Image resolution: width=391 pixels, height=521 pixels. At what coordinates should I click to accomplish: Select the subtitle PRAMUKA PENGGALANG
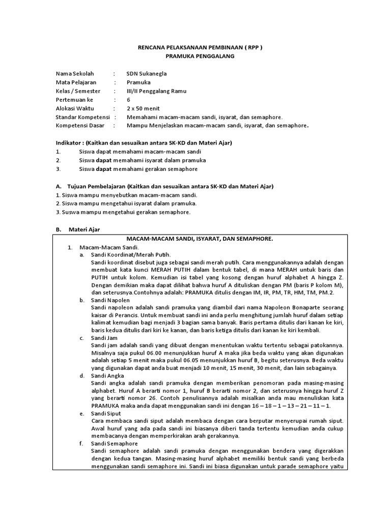point(195,56)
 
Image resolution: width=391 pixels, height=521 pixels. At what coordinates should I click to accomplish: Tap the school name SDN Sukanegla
point(146,73)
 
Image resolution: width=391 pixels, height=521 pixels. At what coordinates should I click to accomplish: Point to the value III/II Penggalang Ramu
point(156,91)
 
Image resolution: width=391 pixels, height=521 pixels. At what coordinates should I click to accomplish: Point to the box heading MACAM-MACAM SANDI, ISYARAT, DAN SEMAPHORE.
point(200,239)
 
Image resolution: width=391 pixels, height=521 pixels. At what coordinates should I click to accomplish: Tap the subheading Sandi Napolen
point(110,300)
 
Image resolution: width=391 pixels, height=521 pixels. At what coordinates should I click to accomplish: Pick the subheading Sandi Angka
point(106,375)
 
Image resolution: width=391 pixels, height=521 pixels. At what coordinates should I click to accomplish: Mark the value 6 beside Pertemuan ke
point(128,100)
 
